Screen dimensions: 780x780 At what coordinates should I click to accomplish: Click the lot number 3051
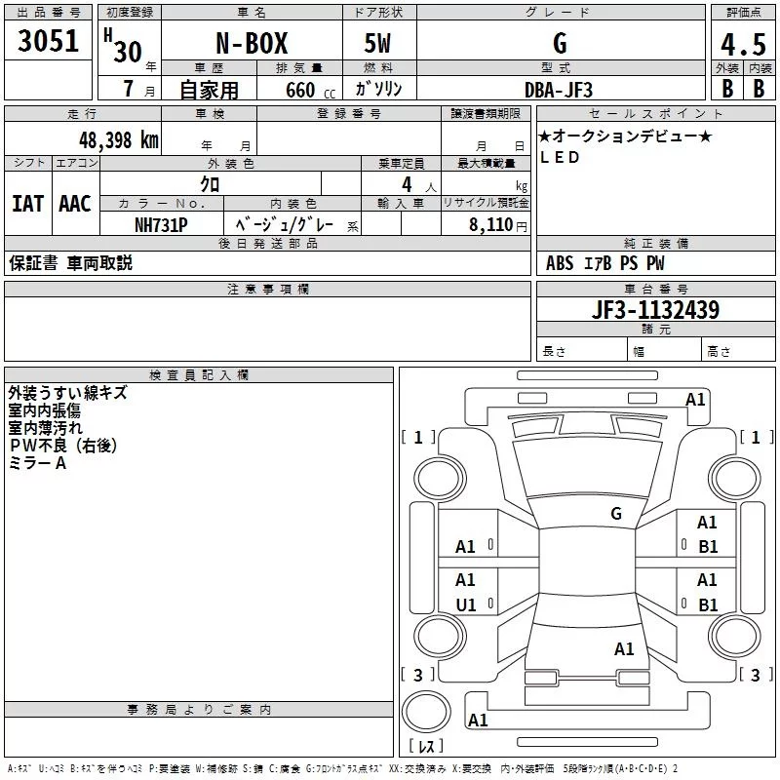tap(48, 41)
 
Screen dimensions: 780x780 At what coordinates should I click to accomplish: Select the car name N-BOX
tap(252, 43)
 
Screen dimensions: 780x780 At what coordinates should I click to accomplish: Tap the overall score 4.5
tap(743, 44)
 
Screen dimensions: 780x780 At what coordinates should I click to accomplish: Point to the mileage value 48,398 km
tap(119, 140)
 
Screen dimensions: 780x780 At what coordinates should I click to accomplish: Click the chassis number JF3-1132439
tap(655, 310)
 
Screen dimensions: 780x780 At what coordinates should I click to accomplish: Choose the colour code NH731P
tap(161, 225)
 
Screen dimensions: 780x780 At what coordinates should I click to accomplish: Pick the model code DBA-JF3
tap(559, 90)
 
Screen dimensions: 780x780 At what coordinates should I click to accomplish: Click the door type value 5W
tap(377, 43)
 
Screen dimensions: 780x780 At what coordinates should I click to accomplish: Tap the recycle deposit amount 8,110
tap(490, 225)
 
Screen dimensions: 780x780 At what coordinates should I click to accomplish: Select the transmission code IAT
tap(28, 204)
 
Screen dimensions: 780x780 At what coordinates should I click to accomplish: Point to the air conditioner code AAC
tap(75, 204)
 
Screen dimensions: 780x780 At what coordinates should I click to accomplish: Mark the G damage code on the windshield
tap(616, 513)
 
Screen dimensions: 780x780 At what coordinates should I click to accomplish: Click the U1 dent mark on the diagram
tap(466, 604)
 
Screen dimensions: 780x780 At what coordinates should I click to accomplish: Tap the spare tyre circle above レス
tap(426, 712)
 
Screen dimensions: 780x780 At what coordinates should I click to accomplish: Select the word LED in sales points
tap(560, 157)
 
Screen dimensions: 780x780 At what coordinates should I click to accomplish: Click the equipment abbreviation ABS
tap(560, 263)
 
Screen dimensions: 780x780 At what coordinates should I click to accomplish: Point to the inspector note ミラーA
tap(38, 463)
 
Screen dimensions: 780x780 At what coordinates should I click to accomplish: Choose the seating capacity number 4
tap(407, 184)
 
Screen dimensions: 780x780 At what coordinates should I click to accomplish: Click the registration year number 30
tap(128, 52)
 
